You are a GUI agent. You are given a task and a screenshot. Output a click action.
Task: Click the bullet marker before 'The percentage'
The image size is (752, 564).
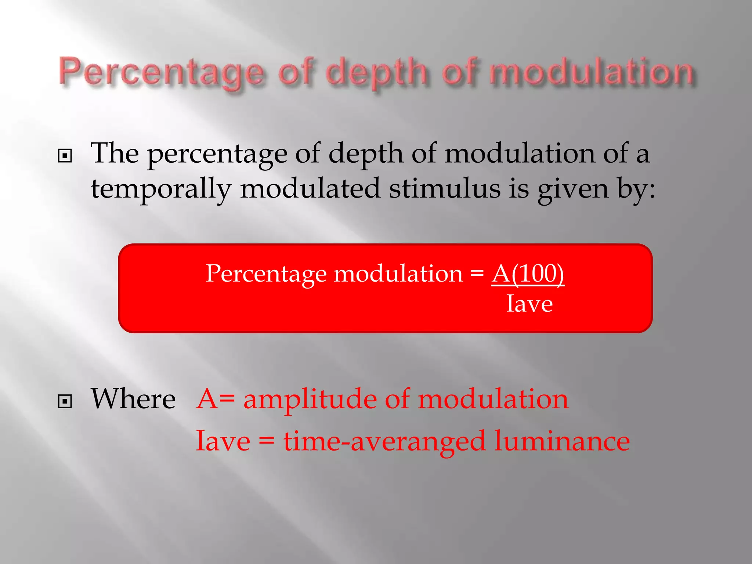point(65,156)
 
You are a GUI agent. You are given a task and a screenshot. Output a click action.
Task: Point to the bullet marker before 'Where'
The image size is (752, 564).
point(65,401)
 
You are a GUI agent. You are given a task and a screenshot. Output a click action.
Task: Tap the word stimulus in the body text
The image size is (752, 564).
point(445,189)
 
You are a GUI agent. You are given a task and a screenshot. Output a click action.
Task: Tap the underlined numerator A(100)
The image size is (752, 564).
point(528,274)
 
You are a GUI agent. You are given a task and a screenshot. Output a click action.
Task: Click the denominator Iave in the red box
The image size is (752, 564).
point(529,304)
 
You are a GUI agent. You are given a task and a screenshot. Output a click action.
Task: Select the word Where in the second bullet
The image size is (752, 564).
point(133,399)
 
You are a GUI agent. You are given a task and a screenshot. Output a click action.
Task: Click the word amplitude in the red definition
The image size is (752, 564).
point(310,399)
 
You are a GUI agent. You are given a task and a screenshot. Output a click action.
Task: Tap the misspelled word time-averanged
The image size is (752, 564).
point(384,441)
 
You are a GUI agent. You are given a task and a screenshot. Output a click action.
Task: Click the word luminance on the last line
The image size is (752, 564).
point(562,441)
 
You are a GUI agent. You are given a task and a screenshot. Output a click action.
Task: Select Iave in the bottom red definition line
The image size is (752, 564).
point(223,441)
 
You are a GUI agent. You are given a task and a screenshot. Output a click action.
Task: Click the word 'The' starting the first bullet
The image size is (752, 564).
point(115,153)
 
